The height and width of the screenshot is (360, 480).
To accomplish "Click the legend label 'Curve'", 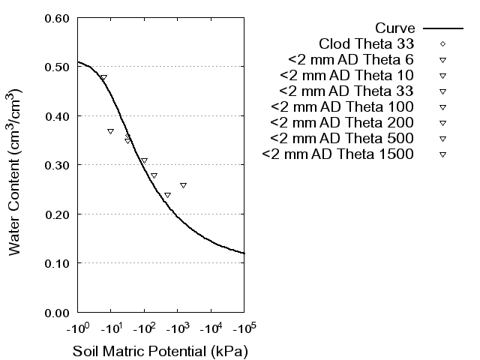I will click(x=396, y=28).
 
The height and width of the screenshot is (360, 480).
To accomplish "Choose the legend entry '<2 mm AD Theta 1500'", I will click(x=339, y=154).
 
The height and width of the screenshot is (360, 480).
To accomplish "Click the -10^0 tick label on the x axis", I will click(x=77, y=328).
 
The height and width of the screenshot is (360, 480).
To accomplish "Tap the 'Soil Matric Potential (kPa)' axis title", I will click(x=160, y=351).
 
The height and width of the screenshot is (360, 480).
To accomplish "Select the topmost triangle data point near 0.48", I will click(x=103, y=78).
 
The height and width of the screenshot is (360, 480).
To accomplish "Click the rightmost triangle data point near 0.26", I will click(x=183, y=185).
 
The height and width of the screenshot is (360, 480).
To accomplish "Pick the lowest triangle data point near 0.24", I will click(x=167, y=195).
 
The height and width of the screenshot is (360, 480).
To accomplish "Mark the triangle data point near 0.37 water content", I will click(x=110, y=131).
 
